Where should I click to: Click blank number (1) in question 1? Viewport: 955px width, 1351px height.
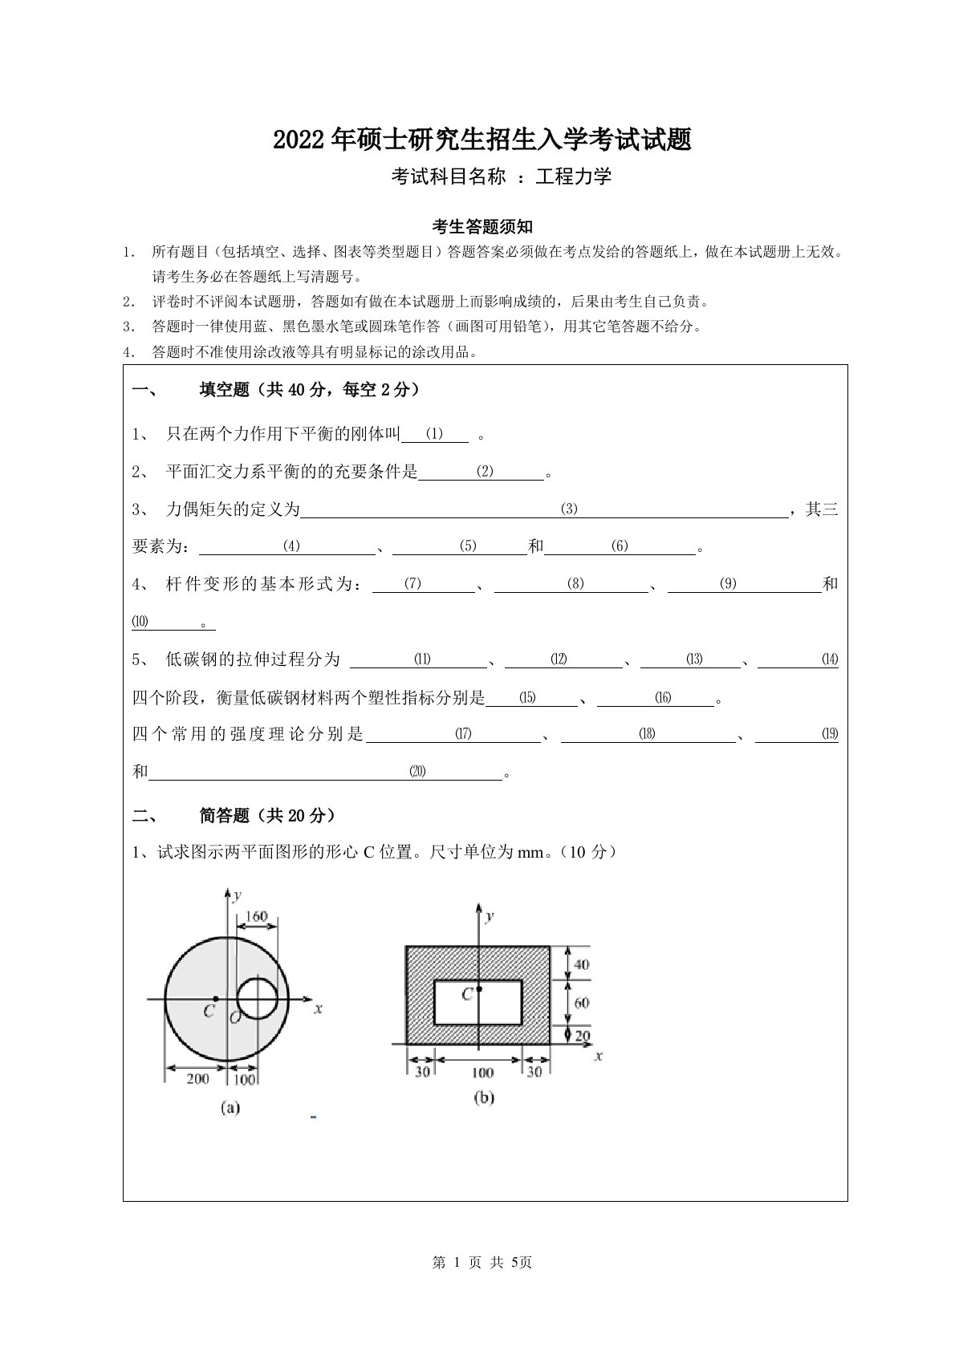tap(434, 435)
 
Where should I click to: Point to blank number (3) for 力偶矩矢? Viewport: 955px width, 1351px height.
tap(569, 509)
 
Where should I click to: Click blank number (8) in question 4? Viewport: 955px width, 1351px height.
tap(575, 584)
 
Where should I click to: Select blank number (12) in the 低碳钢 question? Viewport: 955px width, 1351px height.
tap(559, 659)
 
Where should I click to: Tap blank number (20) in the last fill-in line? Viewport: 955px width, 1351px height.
tap(417, 772)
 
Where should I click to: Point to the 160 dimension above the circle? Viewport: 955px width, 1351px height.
tap(256, 916)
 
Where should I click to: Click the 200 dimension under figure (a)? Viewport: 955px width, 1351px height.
tap(197, 1079)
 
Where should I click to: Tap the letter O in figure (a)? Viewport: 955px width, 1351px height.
tap(234, 1018)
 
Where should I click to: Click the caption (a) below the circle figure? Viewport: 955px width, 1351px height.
tap(230, 1108)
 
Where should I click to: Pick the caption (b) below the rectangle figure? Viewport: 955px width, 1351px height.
tap(484, 1097)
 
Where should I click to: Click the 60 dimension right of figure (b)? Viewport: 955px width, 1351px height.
tap(581, 1002)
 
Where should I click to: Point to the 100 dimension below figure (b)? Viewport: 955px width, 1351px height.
tap(482, 1073)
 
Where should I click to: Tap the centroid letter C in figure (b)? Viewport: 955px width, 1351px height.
tap(467, 995)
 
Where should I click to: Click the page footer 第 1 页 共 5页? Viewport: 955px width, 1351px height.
tap(482, 1263)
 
